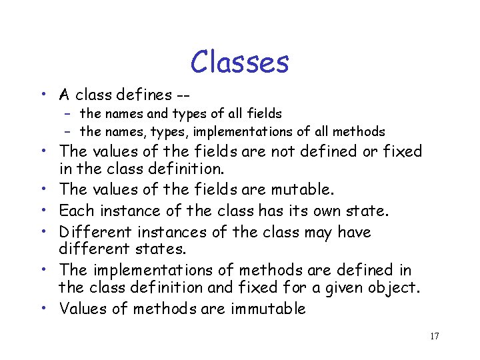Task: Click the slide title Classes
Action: coord(239,62)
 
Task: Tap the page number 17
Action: coord(435,336)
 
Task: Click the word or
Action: coord(367,151)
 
